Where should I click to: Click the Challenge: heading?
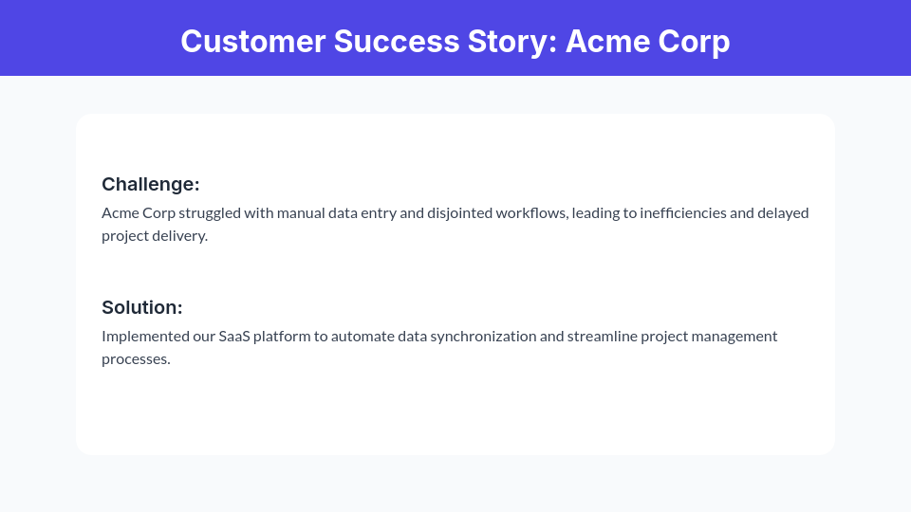[x=151, y=184]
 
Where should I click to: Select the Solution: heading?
[x=142, y=307]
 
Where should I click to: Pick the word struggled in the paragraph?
[x=209, y=212]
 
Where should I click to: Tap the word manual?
[x=300, y=212]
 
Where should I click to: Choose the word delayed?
[x=783, y=212]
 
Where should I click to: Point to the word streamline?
[x=604, y=336]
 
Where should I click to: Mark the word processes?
[x=136, y=359]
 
